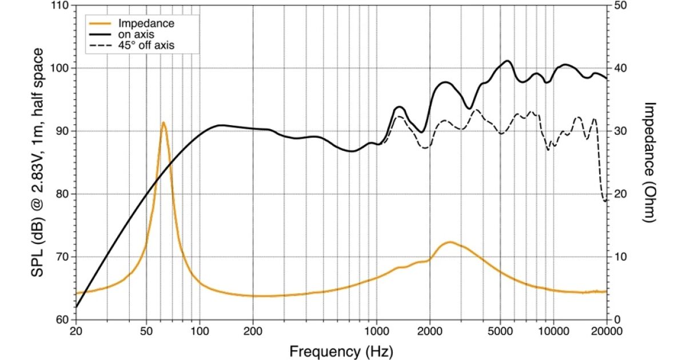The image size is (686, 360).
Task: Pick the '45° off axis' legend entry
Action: coord(145,44)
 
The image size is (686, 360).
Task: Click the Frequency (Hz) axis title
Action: coord(341,350)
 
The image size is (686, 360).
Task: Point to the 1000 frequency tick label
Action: coord(376,330)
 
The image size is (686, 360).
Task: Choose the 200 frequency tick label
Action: coord(253,330)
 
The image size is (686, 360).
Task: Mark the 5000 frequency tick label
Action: coord(500,330)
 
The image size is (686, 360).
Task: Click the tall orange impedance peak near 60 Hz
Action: coord(163,122)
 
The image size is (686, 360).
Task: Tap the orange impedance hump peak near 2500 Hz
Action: coord(450,242)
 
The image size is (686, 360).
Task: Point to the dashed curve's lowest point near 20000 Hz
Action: coord(605,201)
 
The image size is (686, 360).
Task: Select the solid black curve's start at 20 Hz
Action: coord(76,307)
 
